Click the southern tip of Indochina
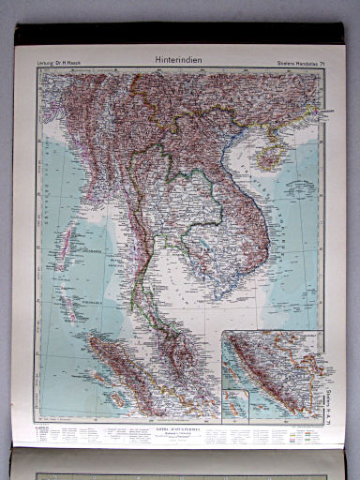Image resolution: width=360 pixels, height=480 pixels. coord(215,286)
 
